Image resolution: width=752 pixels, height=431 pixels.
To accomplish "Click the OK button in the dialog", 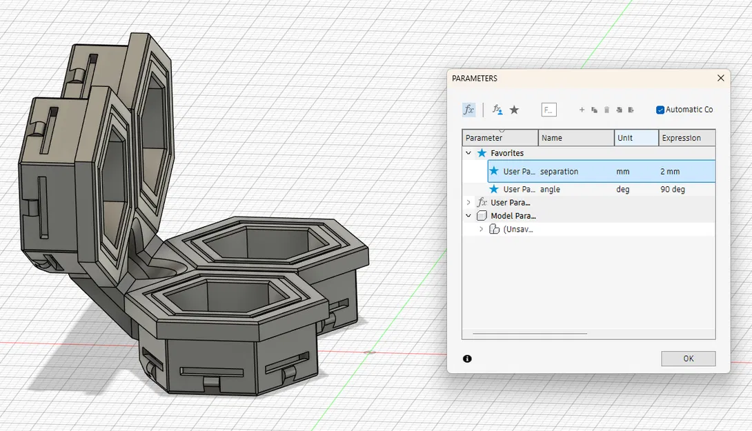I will (688, 359).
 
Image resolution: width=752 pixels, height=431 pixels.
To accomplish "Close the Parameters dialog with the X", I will (721, 79).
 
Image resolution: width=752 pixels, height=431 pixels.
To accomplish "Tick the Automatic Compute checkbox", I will (660, 110).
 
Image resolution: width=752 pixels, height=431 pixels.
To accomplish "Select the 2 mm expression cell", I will (670, 171).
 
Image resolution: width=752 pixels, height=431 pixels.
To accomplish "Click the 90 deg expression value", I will (672, 189).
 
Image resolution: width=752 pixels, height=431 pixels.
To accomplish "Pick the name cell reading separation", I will (559, 171).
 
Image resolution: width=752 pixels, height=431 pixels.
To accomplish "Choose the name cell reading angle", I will (550, 189).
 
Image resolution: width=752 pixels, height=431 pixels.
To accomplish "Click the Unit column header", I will (625, 138).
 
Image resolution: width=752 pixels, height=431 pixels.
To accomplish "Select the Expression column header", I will (681, 138).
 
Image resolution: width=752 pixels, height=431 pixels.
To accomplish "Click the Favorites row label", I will (507, 153).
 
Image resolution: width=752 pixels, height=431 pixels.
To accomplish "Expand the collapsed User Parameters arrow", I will (468, 203).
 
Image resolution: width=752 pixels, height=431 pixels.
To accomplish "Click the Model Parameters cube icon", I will (482, 216).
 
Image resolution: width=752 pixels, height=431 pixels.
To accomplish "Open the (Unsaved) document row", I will (517, 229).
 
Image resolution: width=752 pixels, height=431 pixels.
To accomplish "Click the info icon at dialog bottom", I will (468, 359).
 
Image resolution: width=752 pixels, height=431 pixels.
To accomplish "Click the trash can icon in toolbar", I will (606, 110).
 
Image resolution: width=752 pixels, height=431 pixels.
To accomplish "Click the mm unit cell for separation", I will (622, 171).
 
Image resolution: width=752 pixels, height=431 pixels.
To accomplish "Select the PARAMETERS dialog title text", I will (475, 79).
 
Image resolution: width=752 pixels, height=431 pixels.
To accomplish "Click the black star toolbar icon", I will (514, 110).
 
